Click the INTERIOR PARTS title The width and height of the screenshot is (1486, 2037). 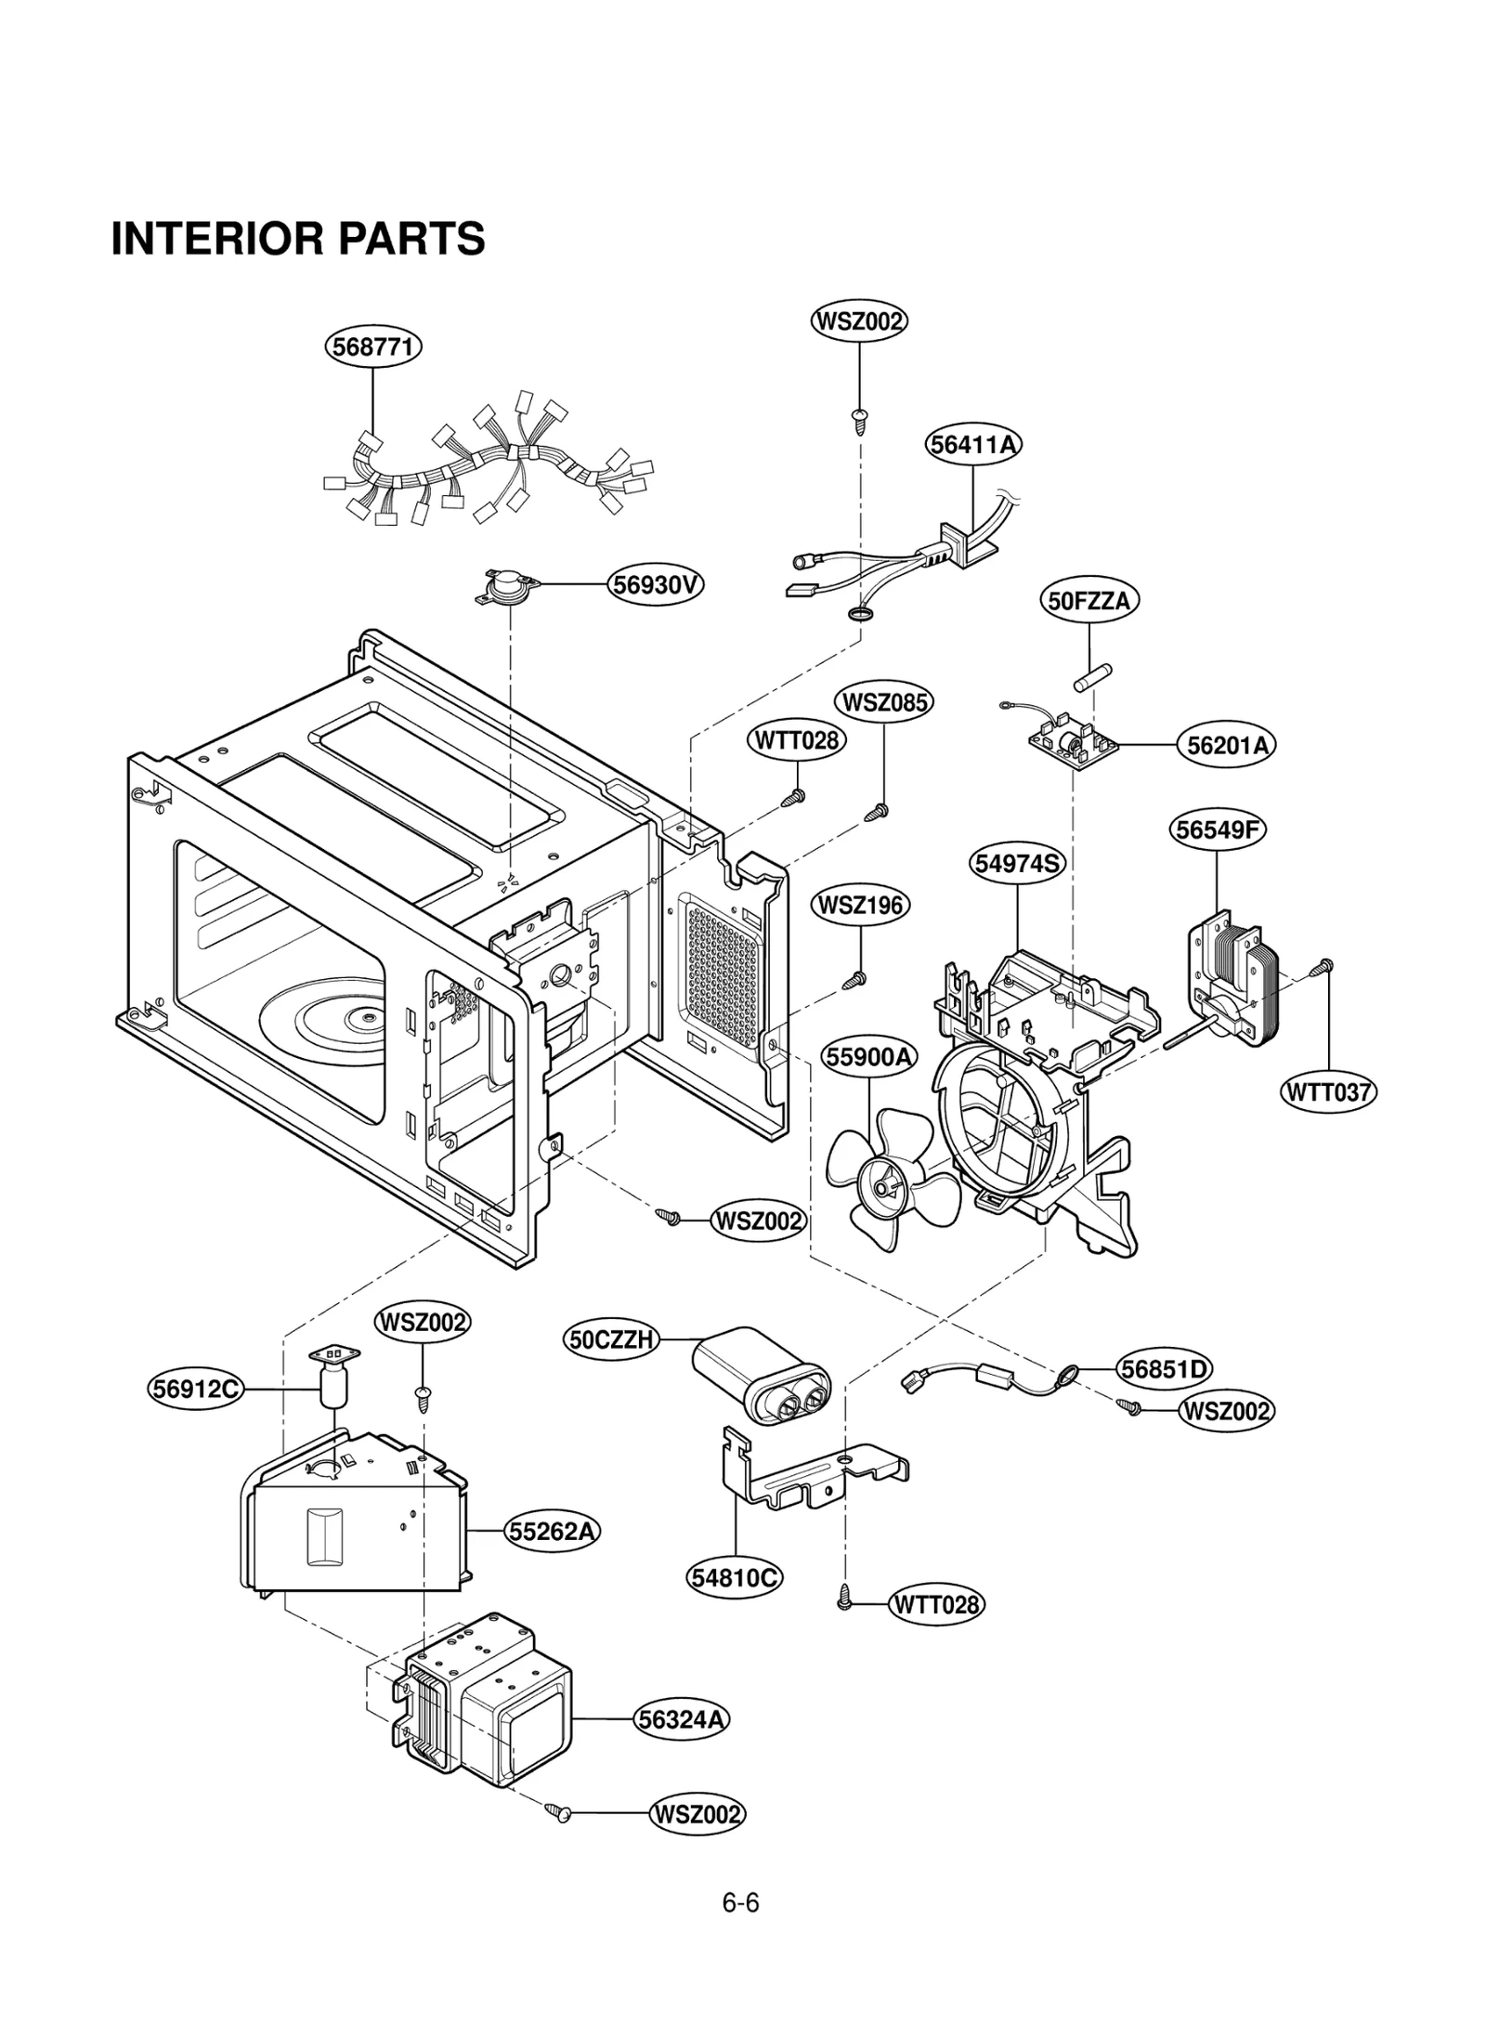click(x=297, y=239)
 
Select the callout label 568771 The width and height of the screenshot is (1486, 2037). click(x=372, y=346)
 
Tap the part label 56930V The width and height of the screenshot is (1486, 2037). click(x=656, y=584)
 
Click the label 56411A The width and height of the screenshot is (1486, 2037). click(x=972, y=444)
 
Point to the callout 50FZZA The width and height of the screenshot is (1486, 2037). click(x=1088, y=600)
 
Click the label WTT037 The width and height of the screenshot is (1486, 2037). click(x=1328, y=1091)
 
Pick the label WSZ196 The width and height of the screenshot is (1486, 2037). click(x=860, y=904)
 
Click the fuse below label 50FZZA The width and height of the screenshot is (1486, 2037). click(x=1093, y=676)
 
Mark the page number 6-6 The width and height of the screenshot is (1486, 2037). click(x=740, y=1902)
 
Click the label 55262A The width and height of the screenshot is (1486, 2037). click(x=552, y=1530)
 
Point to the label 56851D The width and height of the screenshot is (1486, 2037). click(x=1164, y=1368)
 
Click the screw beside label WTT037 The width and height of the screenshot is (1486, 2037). click(x=1323, y=968)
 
